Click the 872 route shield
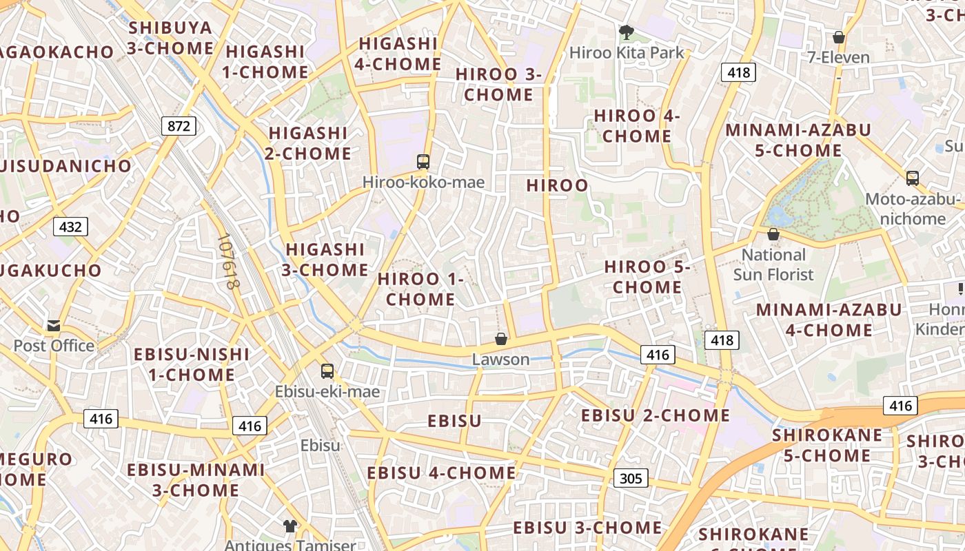click(179, 125)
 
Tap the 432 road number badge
click(70, 227)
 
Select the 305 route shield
click(630, 478)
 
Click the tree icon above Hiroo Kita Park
click(626, 32)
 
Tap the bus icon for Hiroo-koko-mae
click(423, 162)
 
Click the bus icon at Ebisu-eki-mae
click(327, 371)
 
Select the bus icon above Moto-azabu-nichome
click(913, 178)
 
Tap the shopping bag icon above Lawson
click(501, 339)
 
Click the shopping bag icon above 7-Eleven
click(839, 37)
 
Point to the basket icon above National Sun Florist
click(773, 234)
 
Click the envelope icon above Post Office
click(54, 326)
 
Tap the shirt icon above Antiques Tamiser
click(289, 526)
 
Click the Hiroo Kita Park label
click(627, 52)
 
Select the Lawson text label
click(501, 359)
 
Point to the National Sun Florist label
click(773, 265)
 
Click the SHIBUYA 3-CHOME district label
click(170, 38)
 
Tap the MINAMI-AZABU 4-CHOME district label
click(829, 320)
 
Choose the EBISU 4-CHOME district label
click(441, 472)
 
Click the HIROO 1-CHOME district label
click(420, 289)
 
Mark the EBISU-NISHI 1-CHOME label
click(192, 364)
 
